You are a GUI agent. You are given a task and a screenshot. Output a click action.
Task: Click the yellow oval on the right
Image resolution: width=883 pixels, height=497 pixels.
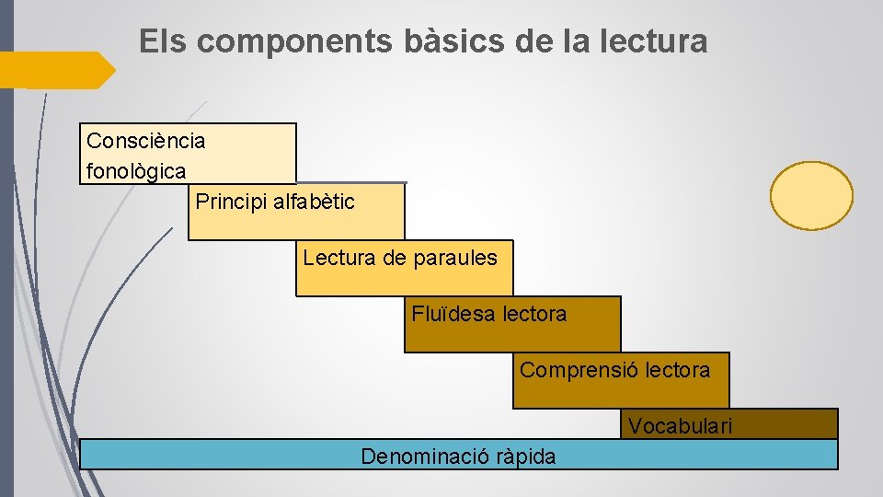811,195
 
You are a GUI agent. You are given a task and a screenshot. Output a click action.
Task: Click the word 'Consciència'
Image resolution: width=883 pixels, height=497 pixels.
145,141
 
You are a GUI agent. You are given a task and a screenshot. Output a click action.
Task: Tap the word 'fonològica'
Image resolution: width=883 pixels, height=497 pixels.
136,170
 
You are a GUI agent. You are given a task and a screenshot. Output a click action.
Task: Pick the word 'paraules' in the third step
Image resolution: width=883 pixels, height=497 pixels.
455,258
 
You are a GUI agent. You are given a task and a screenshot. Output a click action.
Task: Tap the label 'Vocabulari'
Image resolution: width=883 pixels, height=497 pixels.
681,425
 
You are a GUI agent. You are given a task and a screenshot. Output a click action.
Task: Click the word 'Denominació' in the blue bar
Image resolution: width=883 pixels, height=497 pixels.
419,457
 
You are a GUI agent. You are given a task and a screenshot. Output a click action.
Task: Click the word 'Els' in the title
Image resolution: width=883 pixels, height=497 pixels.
163,41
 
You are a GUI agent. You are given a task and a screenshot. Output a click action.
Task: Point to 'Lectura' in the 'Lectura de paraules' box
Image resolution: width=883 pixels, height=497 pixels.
338,258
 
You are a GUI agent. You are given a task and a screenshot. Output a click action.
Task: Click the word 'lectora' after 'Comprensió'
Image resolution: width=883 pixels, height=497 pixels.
678,370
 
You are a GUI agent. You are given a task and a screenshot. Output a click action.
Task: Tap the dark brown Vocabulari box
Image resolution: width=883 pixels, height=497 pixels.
791,423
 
